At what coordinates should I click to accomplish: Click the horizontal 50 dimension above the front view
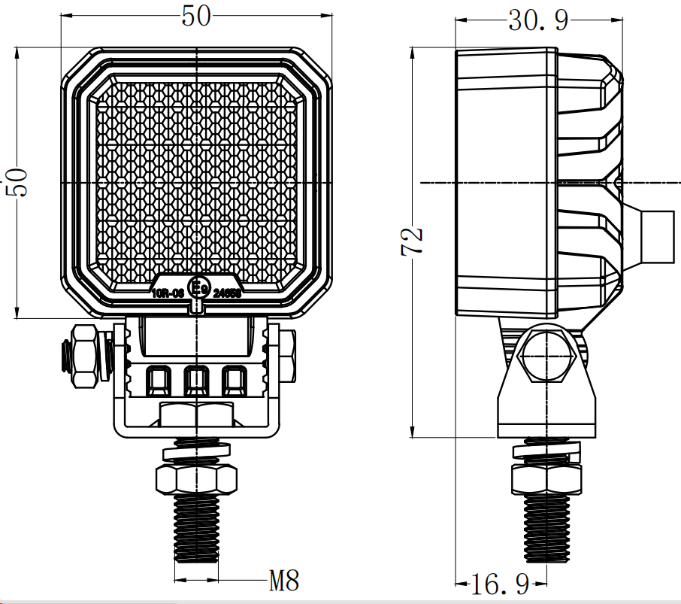[x=196, y=17]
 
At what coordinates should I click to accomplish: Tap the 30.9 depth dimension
[x=537, y=20]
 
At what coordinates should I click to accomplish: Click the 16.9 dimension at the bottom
[x=500, y=582]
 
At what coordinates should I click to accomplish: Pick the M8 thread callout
[x=284, y=580]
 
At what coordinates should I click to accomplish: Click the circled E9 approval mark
[x=198, y=289]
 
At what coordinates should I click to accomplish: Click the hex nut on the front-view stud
[x=196, y=478]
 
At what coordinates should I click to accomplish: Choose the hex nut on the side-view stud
[x=546, y=478]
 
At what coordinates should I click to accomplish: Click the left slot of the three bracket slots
[x=159, y=381]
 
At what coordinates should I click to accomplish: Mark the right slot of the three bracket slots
[x=234, y=381]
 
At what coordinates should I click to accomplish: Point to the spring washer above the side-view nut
[x=546, y=451]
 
